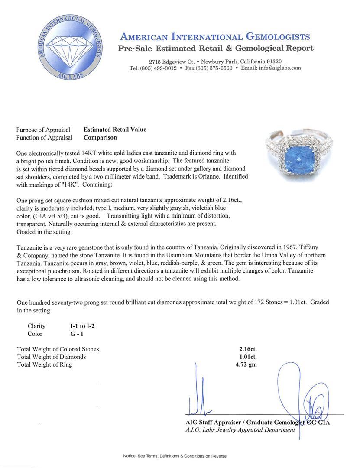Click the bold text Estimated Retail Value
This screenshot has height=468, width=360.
click(x=115, y=130)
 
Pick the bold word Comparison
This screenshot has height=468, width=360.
click(x=100, y=138)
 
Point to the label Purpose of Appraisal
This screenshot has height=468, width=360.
click(x=43, y=130)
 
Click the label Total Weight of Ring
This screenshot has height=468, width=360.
click(x=45, y=364)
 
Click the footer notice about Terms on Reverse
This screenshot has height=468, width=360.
click(x=175, y=456)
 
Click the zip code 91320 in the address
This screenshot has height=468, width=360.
click(x=273, y=62)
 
